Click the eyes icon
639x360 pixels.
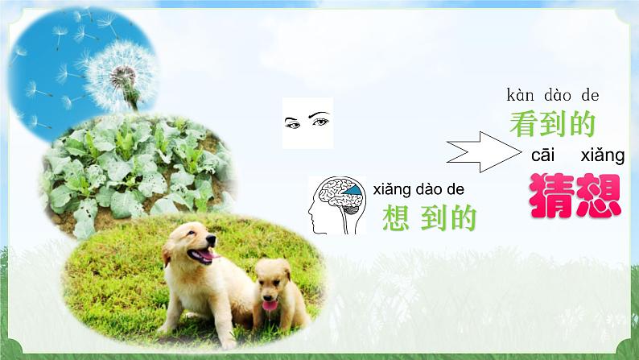[x=307, y=122]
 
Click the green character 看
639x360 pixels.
[x=524, y=124]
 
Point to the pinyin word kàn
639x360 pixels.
[x=521, y=95]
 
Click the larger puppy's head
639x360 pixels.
[x=191, y=242]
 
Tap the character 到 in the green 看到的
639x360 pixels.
[x=552, y=124]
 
